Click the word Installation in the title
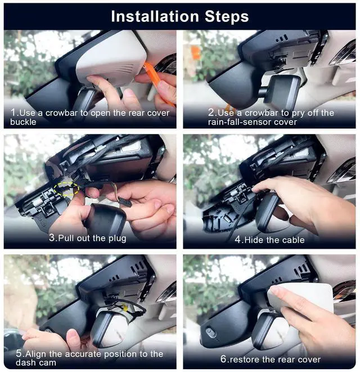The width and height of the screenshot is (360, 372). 155,17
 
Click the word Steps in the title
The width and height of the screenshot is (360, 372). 227,17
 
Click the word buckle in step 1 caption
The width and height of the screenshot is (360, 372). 23,122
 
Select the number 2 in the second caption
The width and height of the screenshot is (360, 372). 211,113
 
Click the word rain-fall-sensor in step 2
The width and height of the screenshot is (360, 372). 240,122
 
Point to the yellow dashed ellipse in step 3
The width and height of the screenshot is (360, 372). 66,189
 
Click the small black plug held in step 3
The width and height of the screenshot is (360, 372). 125,203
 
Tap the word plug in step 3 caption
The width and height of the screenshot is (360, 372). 117,239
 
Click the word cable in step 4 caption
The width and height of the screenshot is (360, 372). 293,240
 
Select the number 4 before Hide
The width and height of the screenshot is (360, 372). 237,240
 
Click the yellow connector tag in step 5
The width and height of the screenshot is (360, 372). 125,308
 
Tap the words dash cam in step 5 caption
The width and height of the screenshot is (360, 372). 36,362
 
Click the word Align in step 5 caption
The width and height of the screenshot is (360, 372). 36,354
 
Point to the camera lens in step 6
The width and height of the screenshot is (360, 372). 210,332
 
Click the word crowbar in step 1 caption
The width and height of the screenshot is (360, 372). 61,113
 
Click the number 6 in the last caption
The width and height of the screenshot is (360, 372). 223,359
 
